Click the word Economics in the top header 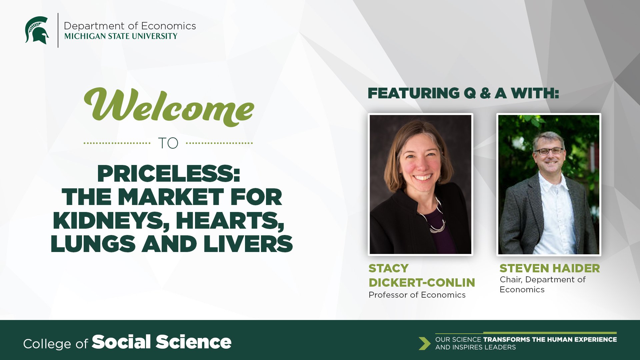[168, 26]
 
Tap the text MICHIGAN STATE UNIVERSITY [121, 36]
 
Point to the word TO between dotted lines [168, 143]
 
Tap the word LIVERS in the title [248, 244]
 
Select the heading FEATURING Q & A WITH [463, 93]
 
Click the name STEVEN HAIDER [550, 268]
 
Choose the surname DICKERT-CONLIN [422, 283]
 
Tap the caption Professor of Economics [417, 295]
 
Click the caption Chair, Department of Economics [543, 284]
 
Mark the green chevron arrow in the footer [424, 343]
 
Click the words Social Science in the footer [162, 342]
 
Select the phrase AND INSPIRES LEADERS [475, 347]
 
